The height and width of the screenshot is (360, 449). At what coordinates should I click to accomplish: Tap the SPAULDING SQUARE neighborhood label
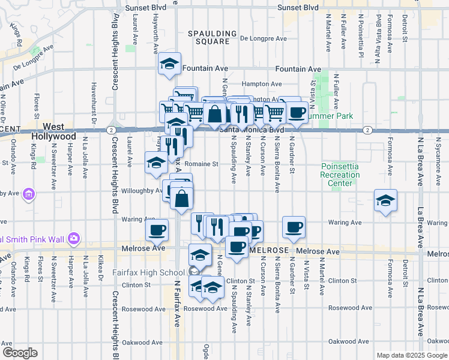[x=208, y=37]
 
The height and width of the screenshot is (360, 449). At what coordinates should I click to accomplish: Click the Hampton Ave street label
[x=262, y=84]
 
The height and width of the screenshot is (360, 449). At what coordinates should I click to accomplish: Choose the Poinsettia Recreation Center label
[x=340, y=175]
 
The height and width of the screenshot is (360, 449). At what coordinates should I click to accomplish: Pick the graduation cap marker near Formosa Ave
[x=385, y=200]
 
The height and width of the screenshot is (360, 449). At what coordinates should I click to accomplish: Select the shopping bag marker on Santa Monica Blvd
[x=214, y=113]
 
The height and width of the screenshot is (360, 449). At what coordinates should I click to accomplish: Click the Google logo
[x=20, y=353]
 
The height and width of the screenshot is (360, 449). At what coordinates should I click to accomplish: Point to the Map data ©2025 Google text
[x=411, y=355]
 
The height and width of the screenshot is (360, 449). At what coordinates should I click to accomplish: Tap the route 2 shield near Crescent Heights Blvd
[x=112, y=130]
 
